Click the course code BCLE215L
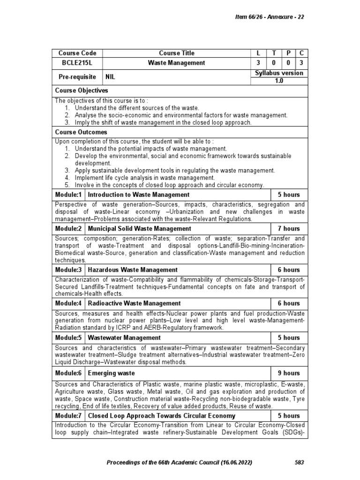click(77, 62)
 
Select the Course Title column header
click(176, 53)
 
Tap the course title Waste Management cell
click(176, 62)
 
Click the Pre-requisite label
click(77, 76)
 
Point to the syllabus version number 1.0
click(279, 81)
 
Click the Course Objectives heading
click(82, 90)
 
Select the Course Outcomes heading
click(81, 133)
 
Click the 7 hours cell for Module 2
click(289, 229)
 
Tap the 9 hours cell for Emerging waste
click(289, 373)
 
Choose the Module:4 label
click(68, 304)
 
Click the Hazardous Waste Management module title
click(133, 270)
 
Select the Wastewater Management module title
click(124, 338)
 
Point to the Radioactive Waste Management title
click(134, 304)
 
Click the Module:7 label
click(68, 416)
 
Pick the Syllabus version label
click(279, 73)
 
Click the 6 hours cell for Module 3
click(289, 270)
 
